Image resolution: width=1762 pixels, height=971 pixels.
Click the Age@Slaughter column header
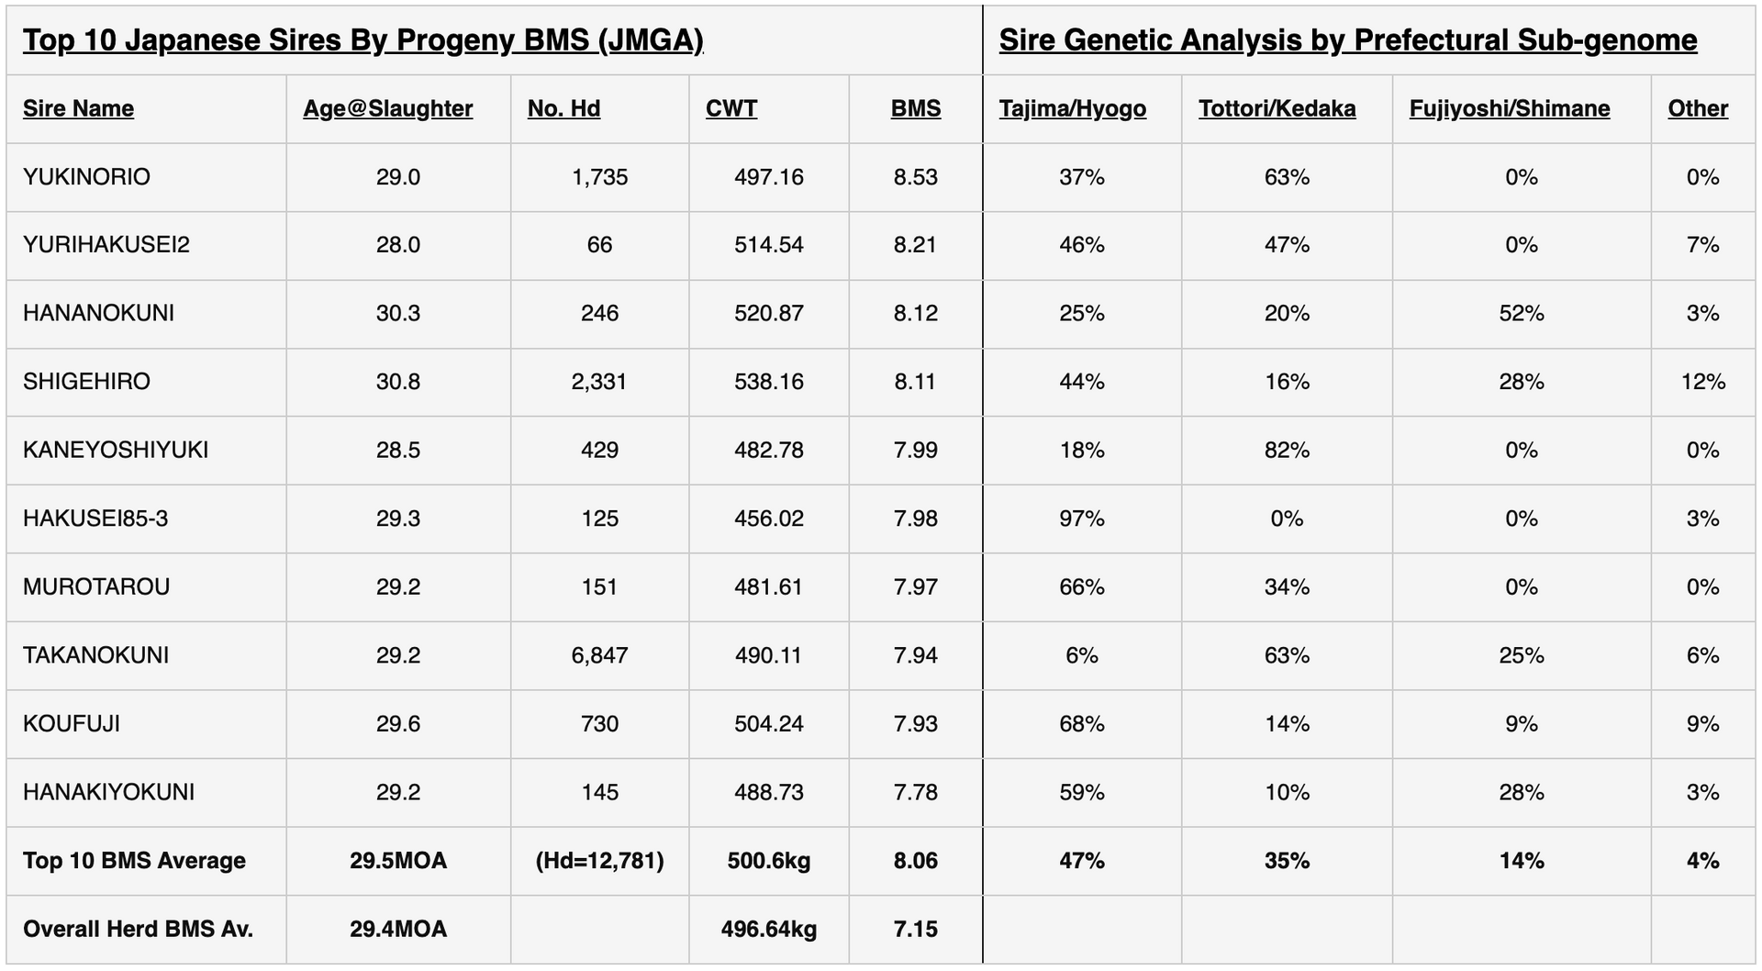tap(387, 108)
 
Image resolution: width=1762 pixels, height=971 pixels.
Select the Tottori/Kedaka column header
tap(1277, 108)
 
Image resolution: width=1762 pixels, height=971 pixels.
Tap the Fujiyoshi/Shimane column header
tap(1509, 108)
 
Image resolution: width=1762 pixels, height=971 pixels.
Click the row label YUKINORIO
tap(86, 177)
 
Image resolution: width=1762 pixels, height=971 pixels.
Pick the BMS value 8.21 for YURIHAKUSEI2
tap(915, 245)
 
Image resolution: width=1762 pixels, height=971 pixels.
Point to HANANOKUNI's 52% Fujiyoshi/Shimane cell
tap(1521, 314)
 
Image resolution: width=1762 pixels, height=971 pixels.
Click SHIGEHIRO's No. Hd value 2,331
tap(598, 382)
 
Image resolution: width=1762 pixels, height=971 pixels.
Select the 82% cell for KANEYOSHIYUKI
tap(1287, 451)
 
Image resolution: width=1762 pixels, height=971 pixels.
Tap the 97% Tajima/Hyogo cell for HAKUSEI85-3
tap(1081, 519)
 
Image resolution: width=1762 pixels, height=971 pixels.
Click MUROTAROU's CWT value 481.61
tap(768, 587)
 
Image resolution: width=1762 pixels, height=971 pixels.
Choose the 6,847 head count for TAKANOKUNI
tap(598, 655)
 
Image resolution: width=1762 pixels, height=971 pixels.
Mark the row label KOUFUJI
tap(72, 724)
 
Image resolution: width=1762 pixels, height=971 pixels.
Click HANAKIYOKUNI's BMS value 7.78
tap(915, 792)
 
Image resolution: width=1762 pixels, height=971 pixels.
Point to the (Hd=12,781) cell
tap(598, 861)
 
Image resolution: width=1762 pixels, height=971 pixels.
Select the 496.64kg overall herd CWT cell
tap(768, 929)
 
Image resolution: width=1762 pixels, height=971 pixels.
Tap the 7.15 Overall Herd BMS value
tap(915, 929)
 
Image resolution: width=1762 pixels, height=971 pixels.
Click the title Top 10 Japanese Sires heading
tap(362, 40)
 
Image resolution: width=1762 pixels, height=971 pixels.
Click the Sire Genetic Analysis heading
tap(1347, 40)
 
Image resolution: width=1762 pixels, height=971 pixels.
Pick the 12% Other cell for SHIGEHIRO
tap(1702, 382)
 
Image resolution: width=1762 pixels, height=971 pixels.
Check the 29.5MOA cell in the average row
tap(397, 861)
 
